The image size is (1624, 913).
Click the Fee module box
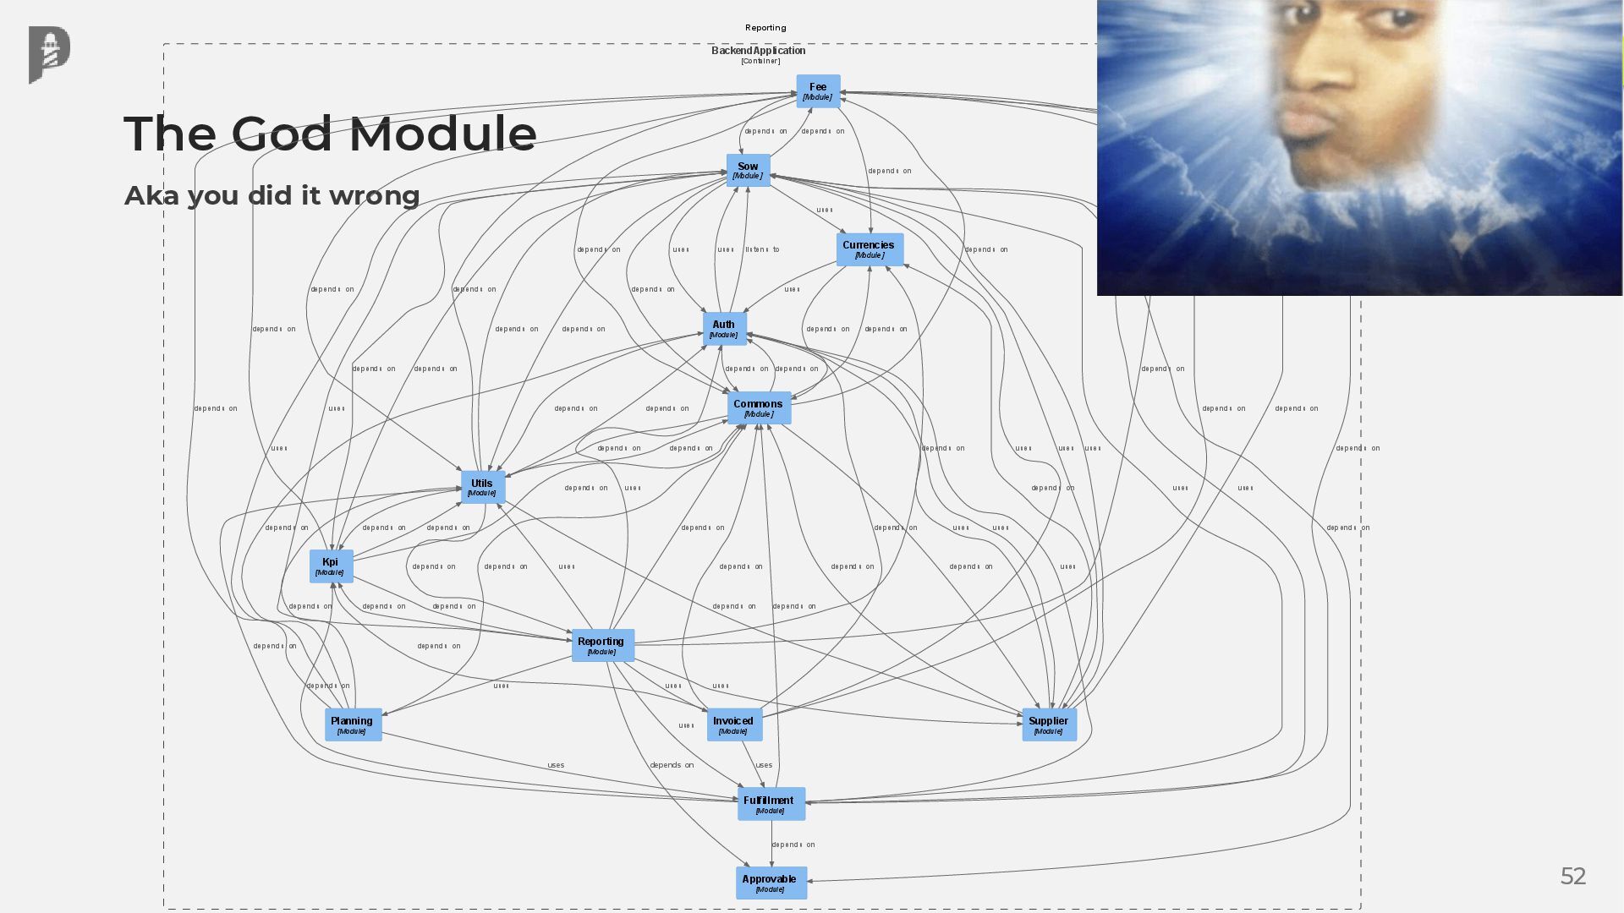pos(818,91)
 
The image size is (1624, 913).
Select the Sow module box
pos(748,171)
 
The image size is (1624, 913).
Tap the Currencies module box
pos(870,249)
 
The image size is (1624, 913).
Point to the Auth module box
pos(724,329)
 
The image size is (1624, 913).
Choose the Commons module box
pos(759,408)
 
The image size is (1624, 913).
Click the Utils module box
pos(482,488)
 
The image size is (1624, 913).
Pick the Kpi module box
pos(331,566)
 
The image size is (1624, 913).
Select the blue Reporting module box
pos(602,646)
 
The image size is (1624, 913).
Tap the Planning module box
pos(353,725)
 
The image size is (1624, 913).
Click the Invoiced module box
pos(733,725)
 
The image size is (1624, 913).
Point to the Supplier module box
pos(1049,725)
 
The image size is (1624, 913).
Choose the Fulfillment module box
pos(771,805)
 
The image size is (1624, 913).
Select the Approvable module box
pos(771,883)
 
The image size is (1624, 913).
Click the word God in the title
pos(282,134)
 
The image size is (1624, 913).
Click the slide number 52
pos(1572,877)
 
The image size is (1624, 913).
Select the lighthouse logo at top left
pos(49,54)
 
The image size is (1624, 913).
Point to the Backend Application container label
pos(759,52)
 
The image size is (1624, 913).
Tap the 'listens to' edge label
pos(762,250)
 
